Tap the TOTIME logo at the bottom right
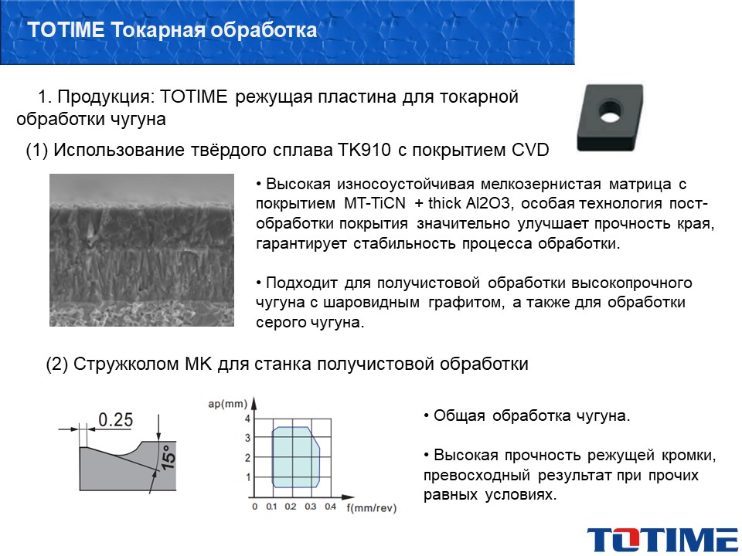[x=663, y=539]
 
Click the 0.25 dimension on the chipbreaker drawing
[x=115, y=419]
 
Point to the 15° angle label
[x=168, y=457]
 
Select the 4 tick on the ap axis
[x=247, y=419]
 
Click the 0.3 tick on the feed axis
[x=310, y=507]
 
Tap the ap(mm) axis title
[x=227, y=404]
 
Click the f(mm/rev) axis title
[x=372, y=508]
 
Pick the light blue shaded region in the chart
[x=296, y=457]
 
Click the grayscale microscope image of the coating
[x=141, y=250]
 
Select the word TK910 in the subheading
[x=364, y=150]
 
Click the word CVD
[x=530, y=150]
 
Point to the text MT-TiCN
[x=374, y=203]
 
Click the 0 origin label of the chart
[x=254, y=507]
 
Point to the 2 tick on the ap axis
[x=247, y=458]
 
